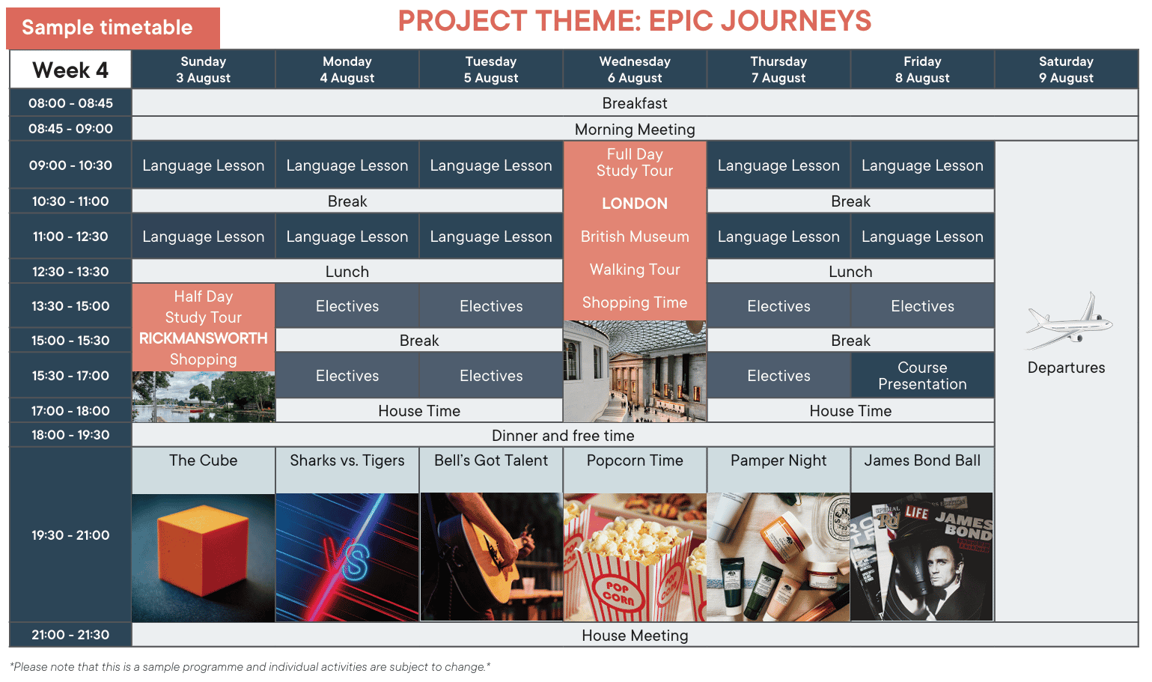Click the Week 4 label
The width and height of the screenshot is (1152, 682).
pyautogui.click(x=70, y=70)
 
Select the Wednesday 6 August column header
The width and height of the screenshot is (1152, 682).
pyautogui.click(x=635, y=70)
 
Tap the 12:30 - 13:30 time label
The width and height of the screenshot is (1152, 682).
pyautogui.click(x=70, y=272)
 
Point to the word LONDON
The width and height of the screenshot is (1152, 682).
pyautogui.click(x=635, y=203)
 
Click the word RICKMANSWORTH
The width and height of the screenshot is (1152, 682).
pyautogui.click(x=203, y=338)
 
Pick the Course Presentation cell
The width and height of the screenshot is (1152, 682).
pyautogui.click(x=922, y=376)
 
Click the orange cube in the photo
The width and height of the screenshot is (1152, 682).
pyautogui.click(x=203, y=549)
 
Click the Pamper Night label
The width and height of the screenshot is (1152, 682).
pyautogui.click(x=778, y=460)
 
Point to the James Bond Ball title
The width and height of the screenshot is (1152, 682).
pyautogui.click(x=922, y=460)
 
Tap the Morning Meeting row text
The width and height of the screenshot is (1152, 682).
pyautogui.click(x=635, y=130)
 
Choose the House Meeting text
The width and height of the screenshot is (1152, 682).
pyautogui.click(x=635, y=636)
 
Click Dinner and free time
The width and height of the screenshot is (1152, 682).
pyautogui.click(x=563, y=436)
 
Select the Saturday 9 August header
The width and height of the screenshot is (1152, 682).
pyautogui.click(x=1066, y=70)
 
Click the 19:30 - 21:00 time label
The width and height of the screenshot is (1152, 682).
pyautogui.click(x=70, y=535)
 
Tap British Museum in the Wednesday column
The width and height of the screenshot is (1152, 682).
pyautogui.click(x=635, y=237)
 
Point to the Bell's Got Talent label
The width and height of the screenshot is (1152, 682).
pyautogui.click(x=490, y=460)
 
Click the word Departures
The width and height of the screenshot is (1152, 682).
pyautogui.click(x=1066, y=368)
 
